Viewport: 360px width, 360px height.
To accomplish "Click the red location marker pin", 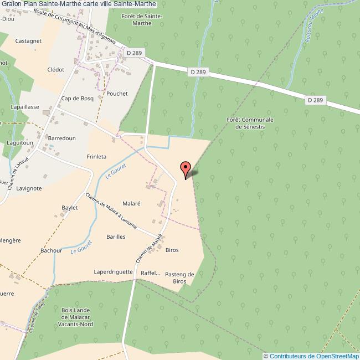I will (186, 169).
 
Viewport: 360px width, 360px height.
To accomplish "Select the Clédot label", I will (56, 70).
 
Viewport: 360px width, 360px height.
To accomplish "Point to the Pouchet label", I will (117, 94).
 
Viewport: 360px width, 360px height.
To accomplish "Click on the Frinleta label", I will (96, 157).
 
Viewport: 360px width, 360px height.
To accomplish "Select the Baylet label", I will (69, 207).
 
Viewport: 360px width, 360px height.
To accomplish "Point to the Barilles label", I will (116, 236).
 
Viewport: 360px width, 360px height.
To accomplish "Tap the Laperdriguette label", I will (113, 272).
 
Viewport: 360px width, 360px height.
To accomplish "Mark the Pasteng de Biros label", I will (179, 277).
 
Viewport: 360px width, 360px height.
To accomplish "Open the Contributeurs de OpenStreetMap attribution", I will (311, 356).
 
